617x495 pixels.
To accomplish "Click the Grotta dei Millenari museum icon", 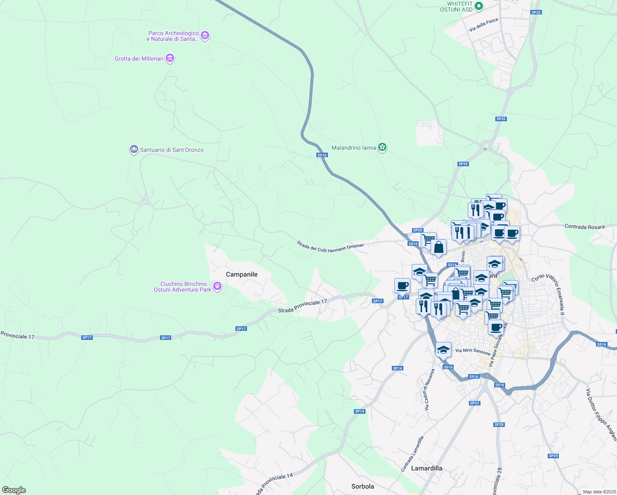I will point(170,59).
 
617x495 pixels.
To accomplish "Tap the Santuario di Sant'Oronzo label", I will point(172,150).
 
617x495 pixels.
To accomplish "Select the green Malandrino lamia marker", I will point(382,147).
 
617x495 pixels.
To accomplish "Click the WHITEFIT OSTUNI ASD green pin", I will point(479,6).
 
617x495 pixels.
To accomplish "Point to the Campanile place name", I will point(242,274).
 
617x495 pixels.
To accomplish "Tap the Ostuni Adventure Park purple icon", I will point(217,286).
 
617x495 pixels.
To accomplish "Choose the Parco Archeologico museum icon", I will point(205,36).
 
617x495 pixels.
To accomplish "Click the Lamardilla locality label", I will point(427,468).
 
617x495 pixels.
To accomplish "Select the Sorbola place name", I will point(363,486).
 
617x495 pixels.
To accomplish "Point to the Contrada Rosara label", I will point(584,226).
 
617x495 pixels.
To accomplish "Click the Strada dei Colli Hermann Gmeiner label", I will point(330,247).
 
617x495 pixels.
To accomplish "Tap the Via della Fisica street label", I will point(483,25).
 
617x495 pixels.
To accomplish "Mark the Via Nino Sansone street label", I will point(473,351).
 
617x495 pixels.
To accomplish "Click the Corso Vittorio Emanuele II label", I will point(548,294).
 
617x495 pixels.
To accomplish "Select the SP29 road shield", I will point(553,456).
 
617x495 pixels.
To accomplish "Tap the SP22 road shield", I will point(474,403).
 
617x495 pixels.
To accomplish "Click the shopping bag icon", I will point(439,247).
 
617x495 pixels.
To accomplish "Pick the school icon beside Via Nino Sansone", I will point(443,350).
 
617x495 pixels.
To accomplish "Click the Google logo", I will point(14,490).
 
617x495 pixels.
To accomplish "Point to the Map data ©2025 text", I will point(599,492).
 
